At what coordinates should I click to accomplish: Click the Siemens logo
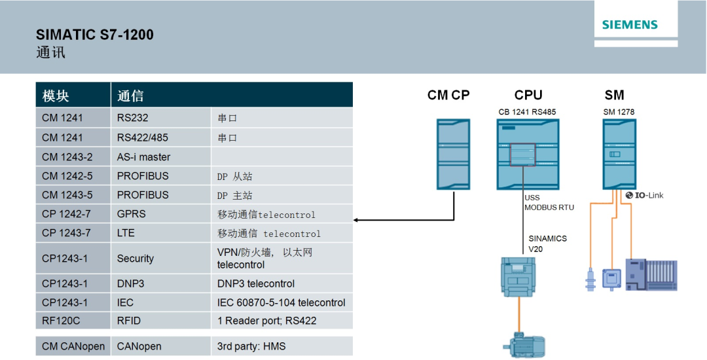click(630, 25)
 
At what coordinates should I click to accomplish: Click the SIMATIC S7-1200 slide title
click(95, 35)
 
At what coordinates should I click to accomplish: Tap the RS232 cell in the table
click(133, 118)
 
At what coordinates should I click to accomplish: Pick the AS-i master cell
click(143, 157)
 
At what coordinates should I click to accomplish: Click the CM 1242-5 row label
click(67, 176)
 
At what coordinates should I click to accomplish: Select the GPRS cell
click(132, 214)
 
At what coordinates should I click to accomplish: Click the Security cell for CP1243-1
click(136, 259)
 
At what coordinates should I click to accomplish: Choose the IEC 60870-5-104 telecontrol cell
click(281, 302)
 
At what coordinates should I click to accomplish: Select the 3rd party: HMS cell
click(251, 346)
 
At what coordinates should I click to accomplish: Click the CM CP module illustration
click(454, 154)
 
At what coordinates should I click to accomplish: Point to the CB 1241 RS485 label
click(527, 112)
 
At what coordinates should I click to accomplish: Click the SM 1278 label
click(619, 112)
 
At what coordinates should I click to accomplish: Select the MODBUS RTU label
click(549, 207)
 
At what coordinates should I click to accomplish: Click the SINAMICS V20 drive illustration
click(518, 276)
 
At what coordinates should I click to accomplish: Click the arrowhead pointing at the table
click(357, 220)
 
